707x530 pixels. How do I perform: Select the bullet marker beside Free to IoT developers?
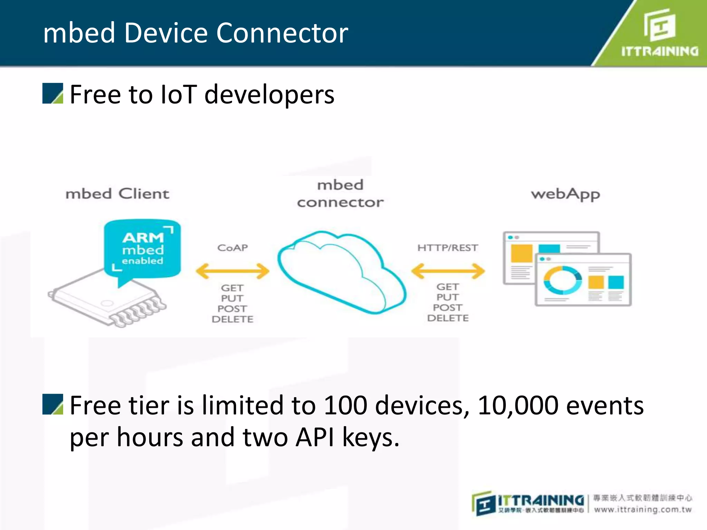[x=53, y=94]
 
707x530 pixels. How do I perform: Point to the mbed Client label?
[x=117, y=194]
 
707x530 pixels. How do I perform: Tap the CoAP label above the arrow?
[x=232, y=248]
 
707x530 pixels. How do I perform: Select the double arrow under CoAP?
[x=232, y=271]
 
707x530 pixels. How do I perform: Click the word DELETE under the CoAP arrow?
[x=232, y=319]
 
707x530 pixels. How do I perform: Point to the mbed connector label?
[x=340, y=194]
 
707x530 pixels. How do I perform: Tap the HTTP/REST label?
[x=447, y=248]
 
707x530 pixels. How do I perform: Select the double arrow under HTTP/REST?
[x=448, y=271]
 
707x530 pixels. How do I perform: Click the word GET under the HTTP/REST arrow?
[x=448, y=287]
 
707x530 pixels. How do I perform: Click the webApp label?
[x=565, y=194]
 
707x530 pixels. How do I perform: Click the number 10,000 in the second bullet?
[x=518, y=405]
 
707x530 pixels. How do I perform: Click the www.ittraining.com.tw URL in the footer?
[x=642, y=510]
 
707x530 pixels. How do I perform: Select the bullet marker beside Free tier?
[x=53, y=404]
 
